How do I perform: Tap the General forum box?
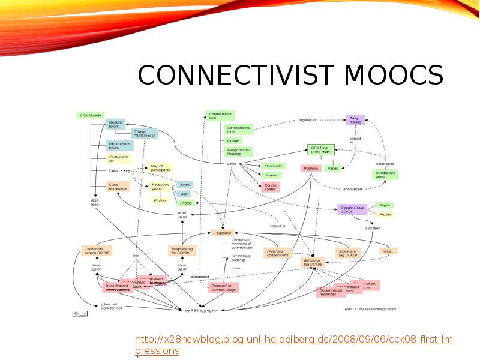pos(115,124)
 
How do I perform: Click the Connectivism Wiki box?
pos(220,115)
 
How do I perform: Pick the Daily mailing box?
pos(355,120)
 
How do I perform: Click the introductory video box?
pos(385,175)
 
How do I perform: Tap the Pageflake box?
pos(223,232)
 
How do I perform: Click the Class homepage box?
pos(118,186)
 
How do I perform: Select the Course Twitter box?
pos(270,187)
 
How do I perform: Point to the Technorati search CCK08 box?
pos(97,251)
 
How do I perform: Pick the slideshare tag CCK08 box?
pos(348,253)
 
